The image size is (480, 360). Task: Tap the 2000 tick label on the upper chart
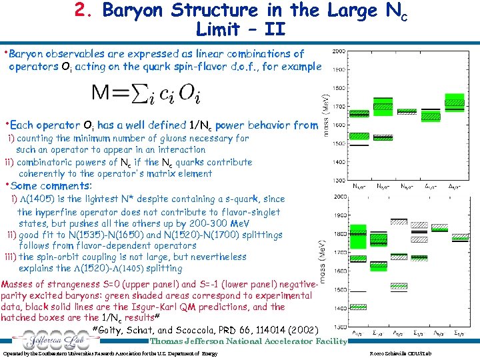click(x=339, y=51)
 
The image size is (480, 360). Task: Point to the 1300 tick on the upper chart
click(x=339, y=180)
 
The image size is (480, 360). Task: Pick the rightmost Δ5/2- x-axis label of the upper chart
click(x=455, y=187)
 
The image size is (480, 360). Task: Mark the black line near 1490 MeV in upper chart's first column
click(x=359, y=145)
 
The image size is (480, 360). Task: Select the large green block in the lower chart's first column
click(x=359, y=240)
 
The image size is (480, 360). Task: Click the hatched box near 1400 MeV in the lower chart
click(x=359, y=307)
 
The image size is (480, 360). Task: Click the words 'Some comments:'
click(x=51, y=186)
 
